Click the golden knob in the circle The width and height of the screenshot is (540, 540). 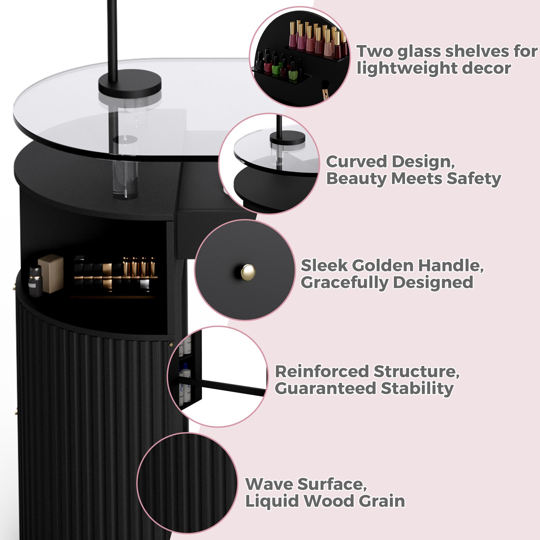click(248, 271)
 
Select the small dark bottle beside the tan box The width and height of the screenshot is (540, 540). click(35, 281)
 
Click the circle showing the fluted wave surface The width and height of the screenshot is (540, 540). click(187, 483)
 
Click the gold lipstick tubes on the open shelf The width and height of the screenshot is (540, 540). click(139, 267)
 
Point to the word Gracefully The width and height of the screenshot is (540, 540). click(344, 282)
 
